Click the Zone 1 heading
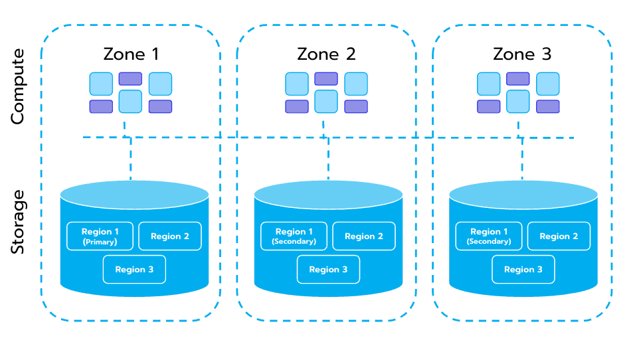click(x=131, y=54)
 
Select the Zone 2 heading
click(x=326, y=54)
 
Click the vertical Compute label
click(x=18, y=86)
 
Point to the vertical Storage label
click(x=18, y=221)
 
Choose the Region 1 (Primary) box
click(x=100, y=236)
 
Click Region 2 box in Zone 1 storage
click(x=169, y=236)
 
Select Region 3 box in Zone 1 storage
click(x=134, y=269)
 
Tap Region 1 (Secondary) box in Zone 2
click(x=294, y=236)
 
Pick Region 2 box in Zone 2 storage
click(x=363, y=236)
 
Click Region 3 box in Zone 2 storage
click(x=328, y=269)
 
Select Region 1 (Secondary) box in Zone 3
click(x=489, y=236)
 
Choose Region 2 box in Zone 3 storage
click(x=559, y=236)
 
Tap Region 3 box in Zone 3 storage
click(x=523, y=269)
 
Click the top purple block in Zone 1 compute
click(x=130, y=78)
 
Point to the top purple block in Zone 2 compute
click(x=325, y=78)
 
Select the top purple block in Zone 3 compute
click(x=517, y=78)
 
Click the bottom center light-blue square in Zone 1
click(x=130, y=102)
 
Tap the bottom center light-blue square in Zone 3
click(x=517, y=102)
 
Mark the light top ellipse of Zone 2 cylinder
click(x=328, y=194)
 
